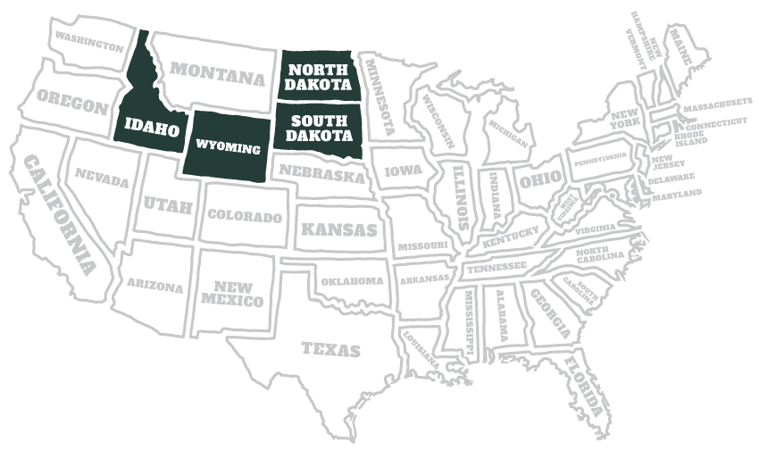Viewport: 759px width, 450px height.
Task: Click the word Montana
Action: (x=218, y=72)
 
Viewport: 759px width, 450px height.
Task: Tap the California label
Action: (x=60, y=213)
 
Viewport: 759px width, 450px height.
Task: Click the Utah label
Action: (x=168, y=204)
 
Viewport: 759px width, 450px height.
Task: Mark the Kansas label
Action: (x=338, y=229)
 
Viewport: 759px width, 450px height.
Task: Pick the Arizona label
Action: (x=154, y=287)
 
